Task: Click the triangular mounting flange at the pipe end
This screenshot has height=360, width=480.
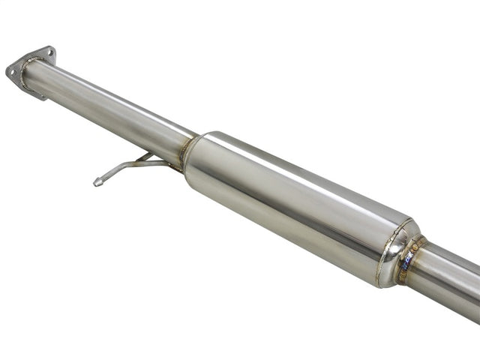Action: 30,70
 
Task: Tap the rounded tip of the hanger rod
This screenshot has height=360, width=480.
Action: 97,181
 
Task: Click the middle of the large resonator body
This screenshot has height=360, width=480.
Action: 292,202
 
